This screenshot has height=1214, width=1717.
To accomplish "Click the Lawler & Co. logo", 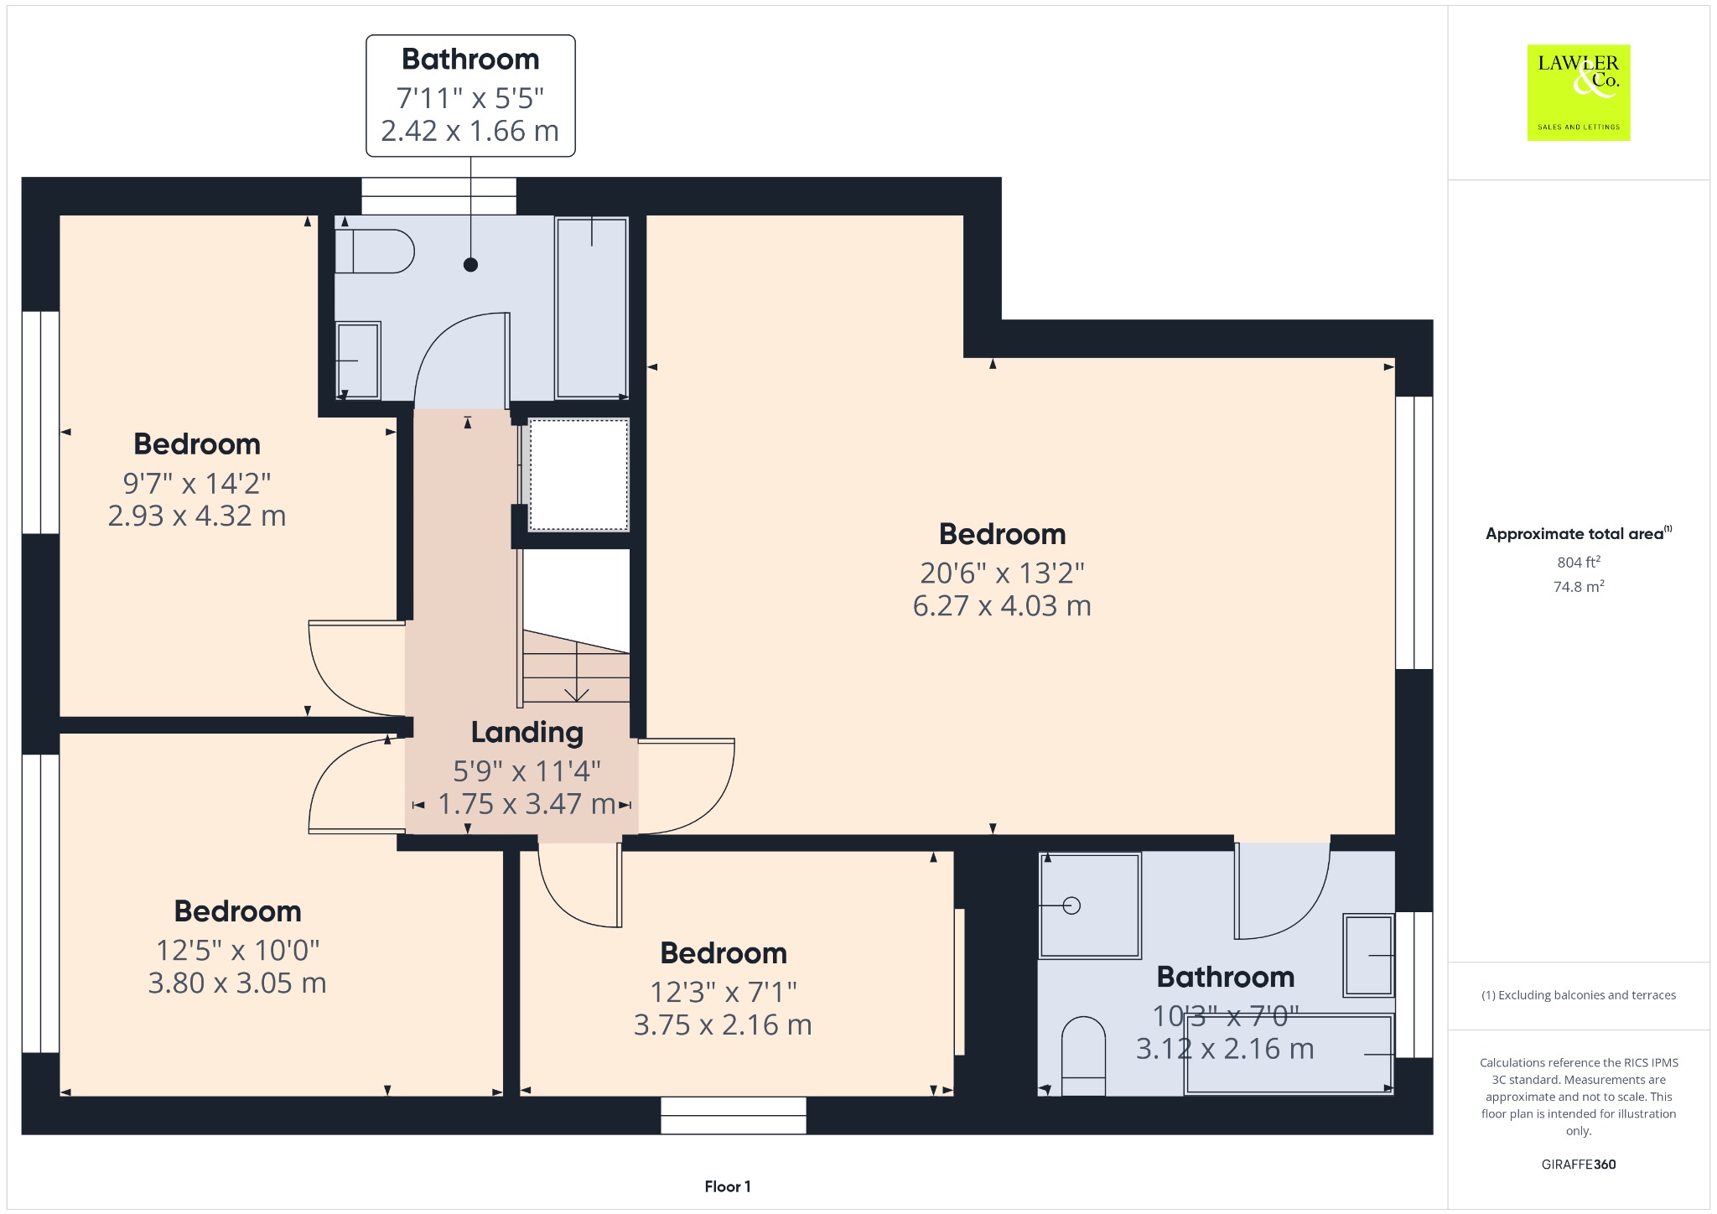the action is click(1578, 92).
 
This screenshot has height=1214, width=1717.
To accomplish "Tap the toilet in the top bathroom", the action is click(374, 251).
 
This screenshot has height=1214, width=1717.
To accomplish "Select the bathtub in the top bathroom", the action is click(591, 308).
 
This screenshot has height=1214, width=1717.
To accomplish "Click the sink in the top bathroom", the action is click(358, 361).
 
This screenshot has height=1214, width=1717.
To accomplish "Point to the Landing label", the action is click(527, 732).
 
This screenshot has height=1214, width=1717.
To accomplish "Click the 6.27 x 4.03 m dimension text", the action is click(1002, 605).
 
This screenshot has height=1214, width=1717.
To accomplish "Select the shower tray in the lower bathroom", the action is click(1090, 905).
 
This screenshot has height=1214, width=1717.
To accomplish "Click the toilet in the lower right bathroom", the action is click(1083, 1056).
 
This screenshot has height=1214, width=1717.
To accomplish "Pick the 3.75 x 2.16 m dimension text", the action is click(723, 1025).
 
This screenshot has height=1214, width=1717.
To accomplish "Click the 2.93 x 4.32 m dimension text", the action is click(197, 516).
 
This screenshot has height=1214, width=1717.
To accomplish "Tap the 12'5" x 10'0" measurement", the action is click(238, 950).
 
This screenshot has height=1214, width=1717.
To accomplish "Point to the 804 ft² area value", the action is click(1579, 562).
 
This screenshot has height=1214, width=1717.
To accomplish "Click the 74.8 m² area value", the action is click(1579, 586).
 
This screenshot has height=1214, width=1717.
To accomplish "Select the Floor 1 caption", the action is click(728, 1186).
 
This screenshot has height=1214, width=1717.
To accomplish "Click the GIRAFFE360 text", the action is click(1579, 1164).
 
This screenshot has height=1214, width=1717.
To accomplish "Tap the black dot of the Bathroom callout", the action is click(470, 265).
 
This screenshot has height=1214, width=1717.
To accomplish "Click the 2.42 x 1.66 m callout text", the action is click(469, 131).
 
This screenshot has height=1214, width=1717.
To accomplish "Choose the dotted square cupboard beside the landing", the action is click(578, 475).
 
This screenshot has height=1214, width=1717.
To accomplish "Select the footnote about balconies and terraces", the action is click(1579, 995).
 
